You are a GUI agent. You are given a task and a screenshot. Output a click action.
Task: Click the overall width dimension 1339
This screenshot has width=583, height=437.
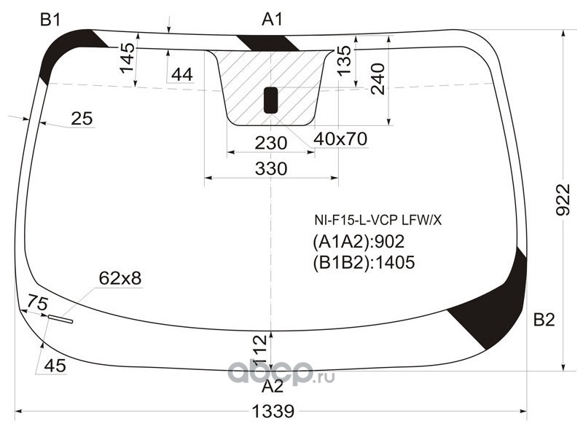(273, 412)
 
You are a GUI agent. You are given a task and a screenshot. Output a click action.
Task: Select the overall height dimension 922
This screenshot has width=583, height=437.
(563, 200)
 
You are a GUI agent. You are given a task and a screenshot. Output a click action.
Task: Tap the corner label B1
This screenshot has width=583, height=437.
(50, 20)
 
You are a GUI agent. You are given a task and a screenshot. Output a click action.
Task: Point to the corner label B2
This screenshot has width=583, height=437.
(544, 320)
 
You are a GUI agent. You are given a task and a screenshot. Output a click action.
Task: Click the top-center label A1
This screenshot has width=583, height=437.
(273, 20)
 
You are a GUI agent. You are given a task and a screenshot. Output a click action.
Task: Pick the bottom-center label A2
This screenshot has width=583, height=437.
(273, 387)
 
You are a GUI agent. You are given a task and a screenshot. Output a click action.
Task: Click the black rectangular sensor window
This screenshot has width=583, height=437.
(270, 101)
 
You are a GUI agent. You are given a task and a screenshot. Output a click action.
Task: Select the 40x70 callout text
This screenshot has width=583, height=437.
(340, 139)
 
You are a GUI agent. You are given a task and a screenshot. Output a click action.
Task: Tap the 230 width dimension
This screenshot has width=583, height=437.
(271, 143)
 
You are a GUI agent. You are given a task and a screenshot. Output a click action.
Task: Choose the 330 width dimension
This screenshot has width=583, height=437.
(271, 169)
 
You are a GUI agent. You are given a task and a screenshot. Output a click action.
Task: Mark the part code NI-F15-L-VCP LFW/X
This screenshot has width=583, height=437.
(378, 221)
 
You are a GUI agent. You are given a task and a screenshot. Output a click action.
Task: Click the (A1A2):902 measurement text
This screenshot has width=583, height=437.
(359, 242)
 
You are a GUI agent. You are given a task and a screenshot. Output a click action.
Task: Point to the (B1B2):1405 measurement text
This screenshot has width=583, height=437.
(364, 262)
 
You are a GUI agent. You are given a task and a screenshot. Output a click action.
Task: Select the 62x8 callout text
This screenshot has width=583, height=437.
(120, 278)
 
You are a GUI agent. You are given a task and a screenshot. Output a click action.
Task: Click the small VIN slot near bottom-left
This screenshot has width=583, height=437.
(60, 319)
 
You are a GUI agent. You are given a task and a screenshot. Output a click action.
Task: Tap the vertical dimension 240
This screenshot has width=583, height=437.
(377, 79)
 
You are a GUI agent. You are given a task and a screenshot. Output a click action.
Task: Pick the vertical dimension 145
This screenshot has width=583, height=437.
(128, 58)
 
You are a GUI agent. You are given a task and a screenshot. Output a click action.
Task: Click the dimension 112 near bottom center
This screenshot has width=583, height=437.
(259, 350)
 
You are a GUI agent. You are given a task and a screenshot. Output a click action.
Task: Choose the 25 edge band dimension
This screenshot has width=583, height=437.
(82, 119)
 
